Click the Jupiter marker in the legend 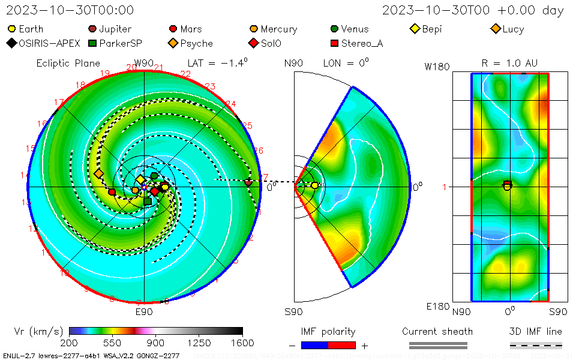tap(92, 29)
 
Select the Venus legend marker tap(334, 29)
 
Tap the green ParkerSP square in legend tap(92, 43)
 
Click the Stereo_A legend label tap(362, 43)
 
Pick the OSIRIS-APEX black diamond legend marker tap(11, 43)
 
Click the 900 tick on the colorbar tap(156, 343)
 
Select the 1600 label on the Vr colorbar tap(242, 343)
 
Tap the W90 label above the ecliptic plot tap(144, 63)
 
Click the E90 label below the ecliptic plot tap(144, 311)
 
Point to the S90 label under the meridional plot tap(293, 311)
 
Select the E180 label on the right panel tap(437, 307)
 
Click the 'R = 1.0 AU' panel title tap(509, 63)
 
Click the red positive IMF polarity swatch tap(342, 345)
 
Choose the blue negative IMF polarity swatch tap(314, 345)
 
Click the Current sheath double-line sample tap(437, 345)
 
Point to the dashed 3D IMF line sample tap(536, 345)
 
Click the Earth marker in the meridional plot tap(315, 185)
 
